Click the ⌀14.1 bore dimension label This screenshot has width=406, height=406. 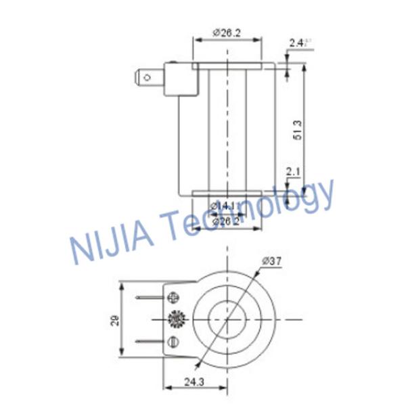click(222, 206)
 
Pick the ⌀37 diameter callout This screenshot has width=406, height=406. click(266, 261)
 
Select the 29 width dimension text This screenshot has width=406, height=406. click(115, 319)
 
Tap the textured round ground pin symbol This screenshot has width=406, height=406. click(178, 318)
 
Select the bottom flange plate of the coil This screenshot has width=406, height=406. click(227, 194)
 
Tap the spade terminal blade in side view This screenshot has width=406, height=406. click(150, 77)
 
